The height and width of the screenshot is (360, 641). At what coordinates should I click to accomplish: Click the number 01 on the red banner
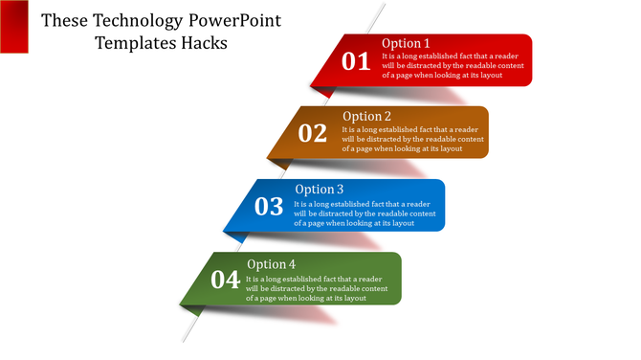[x=356, y=62]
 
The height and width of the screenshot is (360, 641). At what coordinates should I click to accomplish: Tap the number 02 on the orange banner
[x=313, y=134]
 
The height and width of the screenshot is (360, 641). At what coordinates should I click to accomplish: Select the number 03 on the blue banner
[x=269, y=207]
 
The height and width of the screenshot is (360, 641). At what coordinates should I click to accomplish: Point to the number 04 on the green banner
[x=225, y=280]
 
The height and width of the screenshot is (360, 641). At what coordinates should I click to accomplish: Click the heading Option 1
[x=406, y=43]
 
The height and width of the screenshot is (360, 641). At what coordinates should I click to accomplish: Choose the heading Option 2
[x=366, y=117]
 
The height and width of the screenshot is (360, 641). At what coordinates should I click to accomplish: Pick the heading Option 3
[x=319, y=190]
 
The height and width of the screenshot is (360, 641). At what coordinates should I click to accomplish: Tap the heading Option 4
[x=271, y=264]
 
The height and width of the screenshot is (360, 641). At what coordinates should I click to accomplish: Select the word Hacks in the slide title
[x=198, y=43]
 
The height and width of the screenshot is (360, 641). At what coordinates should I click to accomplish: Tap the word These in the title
[x=63, y=20]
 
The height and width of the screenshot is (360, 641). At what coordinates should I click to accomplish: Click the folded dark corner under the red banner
[x=323, y=91]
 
